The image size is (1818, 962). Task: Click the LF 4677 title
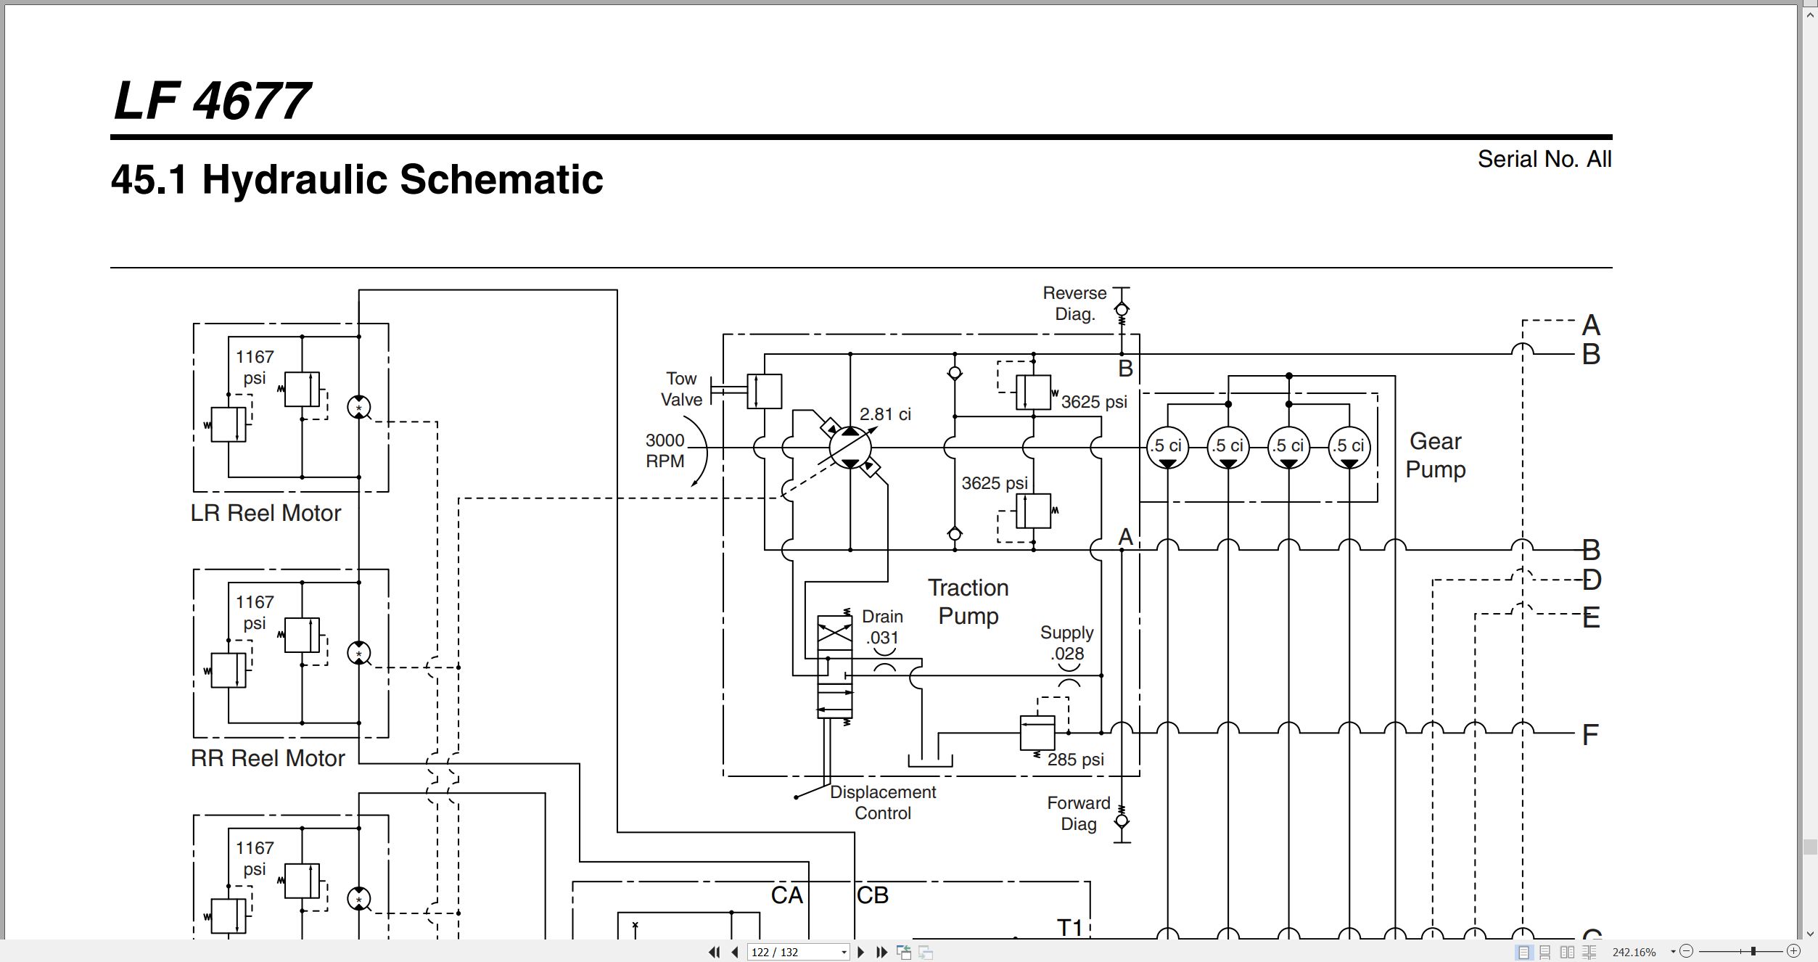pyautogui.click(x=212, y=100)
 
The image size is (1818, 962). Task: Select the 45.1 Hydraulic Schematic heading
pyautogui.click(x=356, y=179)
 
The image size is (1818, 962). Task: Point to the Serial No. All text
pyautogui.click(x=1545, y=159)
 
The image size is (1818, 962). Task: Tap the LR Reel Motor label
pyautogui.click(x=266, y=513)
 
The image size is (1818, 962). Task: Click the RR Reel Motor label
pyautogui.click(x=268, y=758)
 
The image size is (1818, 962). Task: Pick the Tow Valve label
pyautogui.click(x=681, y=389)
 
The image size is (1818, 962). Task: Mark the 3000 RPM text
pyautogui.click(x=665, y=451)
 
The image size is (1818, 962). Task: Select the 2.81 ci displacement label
pyautogui.click(x=885, y=414)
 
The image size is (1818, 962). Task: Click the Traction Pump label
pyautogui.click(x=968, y=601)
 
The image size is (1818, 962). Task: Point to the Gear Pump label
pyautogui.click(x=1436, y=455)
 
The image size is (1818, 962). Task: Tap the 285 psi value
pyautogui.click(x=1076, y=760)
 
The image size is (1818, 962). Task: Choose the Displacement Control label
pyautogui.click(x=883, y=802)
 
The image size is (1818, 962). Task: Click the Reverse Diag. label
pyautogui.click(x=1074, y=303)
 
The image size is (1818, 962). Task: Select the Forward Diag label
pyautogui.click(x=1079, y=813)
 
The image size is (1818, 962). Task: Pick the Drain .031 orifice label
pyautogui.click(x=882, y=627)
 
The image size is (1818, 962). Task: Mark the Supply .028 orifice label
pyautogui.click(x=1066, y=643)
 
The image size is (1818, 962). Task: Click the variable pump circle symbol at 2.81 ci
pyautogui.click(x=850, y=448)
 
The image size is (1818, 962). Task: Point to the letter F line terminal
pyautogui.click(x=1590, y=735)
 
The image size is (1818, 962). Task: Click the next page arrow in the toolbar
pyautogui.click(x=860, y=952)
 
